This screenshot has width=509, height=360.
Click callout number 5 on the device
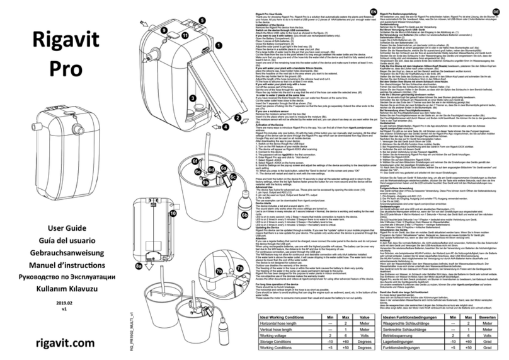coord(202,20)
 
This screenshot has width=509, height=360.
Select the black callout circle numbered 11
coord(185,38)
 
